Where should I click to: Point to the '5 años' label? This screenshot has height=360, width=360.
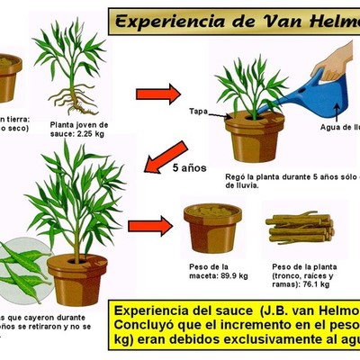point(192,167)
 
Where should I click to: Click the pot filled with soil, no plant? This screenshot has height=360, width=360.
point(212,227)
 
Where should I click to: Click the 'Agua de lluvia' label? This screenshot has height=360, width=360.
point(338,126)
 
